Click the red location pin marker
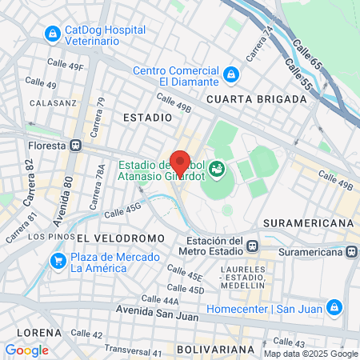click(180, 163)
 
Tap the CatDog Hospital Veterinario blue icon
click(53, 34)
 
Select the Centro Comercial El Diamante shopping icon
click(231, 74)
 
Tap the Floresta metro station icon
click(77, 146)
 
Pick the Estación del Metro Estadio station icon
click(252, 246)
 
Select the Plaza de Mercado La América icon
click(58, 261)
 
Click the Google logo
click(26, 350)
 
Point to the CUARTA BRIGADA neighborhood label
click(256, 98)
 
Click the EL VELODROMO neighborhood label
click(120, 238)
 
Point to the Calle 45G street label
click(122, 210)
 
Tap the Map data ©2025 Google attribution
click(310, 354)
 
